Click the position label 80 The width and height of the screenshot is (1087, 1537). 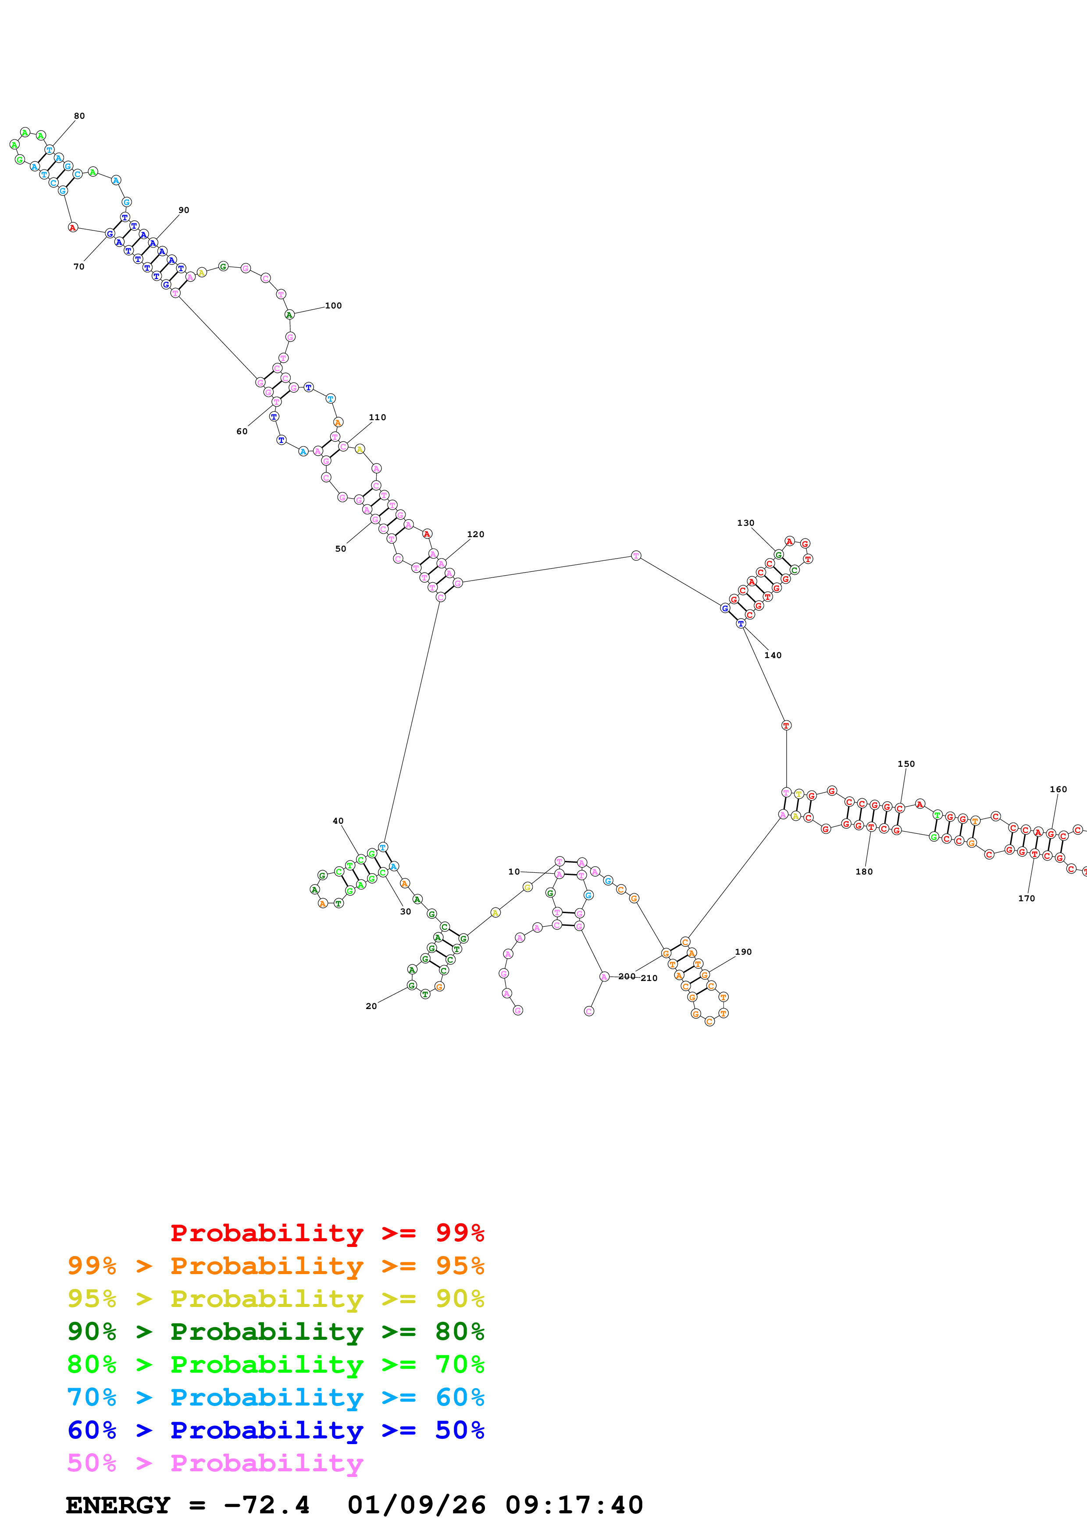[79, 116]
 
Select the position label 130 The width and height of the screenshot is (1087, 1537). [745, 523]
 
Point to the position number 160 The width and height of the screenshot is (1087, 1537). [1058, 789]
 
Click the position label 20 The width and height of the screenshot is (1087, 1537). [371, 1006]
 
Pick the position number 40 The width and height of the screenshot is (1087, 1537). [338, 821]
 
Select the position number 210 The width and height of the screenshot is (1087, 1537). [649, 978]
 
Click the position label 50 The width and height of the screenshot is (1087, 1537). [341, 549]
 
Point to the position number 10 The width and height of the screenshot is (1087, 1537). [514, 871]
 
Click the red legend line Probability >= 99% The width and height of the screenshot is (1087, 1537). [327, 1233]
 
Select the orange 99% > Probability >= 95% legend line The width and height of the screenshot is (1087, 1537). [276, 1266]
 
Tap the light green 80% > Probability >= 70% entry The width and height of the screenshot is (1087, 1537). [276, 1364]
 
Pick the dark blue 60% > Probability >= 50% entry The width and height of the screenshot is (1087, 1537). [276, 1430]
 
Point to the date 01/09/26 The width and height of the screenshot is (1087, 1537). [417, 1505]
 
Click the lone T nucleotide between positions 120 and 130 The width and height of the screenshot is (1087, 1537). [636, 556]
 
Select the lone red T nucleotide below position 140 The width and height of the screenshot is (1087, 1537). [786, 725]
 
